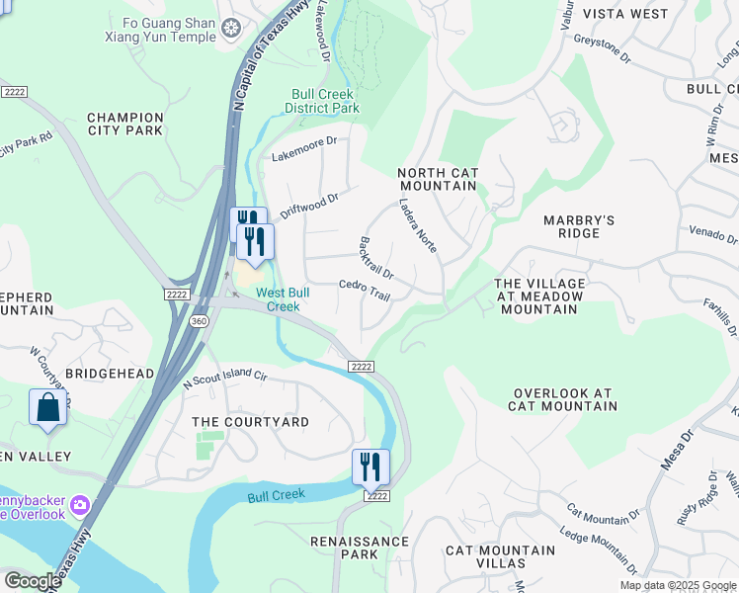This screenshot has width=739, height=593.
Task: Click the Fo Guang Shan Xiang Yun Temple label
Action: click(160, 29)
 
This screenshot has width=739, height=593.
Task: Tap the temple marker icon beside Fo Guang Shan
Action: click(231, 30)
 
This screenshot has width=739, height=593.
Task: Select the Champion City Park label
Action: click(124, 123)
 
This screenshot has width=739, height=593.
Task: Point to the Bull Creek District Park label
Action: click(322, 101)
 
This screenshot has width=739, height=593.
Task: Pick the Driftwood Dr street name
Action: click(309, 204)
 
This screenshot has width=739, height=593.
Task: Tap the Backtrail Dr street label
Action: click(376, 257)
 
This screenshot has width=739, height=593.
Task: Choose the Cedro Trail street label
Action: click(365, 290)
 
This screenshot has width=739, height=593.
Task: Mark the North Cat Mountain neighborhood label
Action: click(438, 179)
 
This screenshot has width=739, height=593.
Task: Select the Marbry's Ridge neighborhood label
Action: click(579, 226)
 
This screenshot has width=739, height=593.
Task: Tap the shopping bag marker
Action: click(47, 407)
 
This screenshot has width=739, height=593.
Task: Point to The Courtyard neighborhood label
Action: click(250, 422)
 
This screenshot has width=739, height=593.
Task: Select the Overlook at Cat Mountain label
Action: click(562, 399)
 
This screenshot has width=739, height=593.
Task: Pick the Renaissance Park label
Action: click(359, 548)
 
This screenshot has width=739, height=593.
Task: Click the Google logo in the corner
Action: click(33, 581)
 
